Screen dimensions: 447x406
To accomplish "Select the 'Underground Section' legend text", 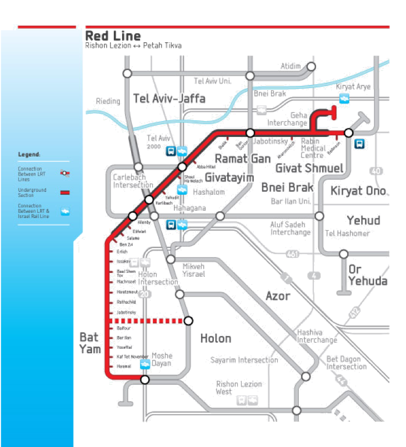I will (32, 192).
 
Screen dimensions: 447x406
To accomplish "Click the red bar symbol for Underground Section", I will (64, 192).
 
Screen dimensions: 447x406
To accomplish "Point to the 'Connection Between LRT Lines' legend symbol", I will (64, 173).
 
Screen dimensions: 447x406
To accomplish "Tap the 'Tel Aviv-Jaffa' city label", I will (169, 99).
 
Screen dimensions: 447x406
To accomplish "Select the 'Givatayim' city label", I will (229, 177).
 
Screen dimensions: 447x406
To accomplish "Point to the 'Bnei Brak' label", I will (287, 187).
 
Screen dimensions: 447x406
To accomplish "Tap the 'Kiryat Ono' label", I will (359, 191).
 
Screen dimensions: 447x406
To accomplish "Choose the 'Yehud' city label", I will (362, 221).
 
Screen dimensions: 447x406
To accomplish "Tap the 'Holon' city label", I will (215, 338).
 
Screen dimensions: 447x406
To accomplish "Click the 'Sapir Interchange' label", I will (244, 360).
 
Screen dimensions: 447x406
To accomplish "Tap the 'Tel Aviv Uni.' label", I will (212, 81).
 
